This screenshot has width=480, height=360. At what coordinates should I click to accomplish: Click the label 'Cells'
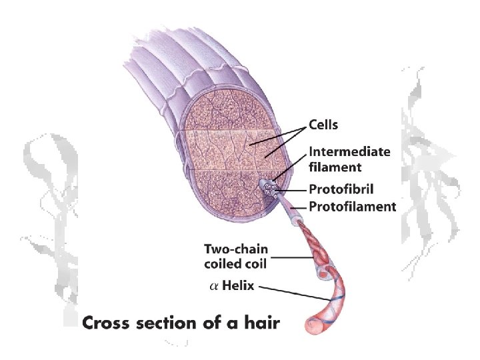tap(323, 125)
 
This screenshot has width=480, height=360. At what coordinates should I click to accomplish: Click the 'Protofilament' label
tap(353, 207)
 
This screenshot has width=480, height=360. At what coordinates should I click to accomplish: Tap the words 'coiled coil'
tap(235, 264)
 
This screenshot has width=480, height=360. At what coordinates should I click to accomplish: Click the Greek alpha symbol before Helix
tap(213, 287)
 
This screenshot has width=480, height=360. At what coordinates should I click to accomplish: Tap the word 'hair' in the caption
tap(262, 324)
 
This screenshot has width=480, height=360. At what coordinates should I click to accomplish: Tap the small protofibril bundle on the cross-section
tap(271, 190)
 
